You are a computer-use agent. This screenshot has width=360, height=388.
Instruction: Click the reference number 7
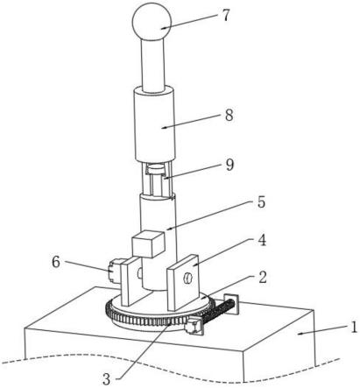click(x=226, y=15)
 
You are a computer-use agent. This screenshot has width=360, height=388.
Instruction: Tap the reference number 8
click(x=229, y=115)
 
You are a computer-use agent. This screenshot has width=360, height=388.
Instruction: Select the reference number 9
click(x=229, y=165)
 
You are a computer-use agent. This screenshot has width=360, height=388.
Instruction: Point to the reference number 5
click(x=261, y=202)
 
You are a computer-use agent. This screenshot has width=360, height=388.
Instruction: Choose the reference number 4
click(x=262, y=240)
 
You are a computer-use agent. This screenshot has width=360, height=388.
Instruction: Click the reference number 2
click(x=263, y=277)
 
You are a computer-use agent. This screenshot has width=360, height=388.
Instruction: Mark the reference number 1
click(x=354, y=328)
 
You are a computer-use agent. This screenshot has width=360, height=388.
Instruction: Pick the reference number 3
click(x=107, y=379)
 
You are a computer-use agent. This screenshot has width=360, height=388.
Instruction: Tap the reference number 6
click(x=56, y=262)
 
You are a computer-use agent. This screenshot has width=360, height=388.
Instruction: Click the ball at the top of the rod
click(x=152, y=21)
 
